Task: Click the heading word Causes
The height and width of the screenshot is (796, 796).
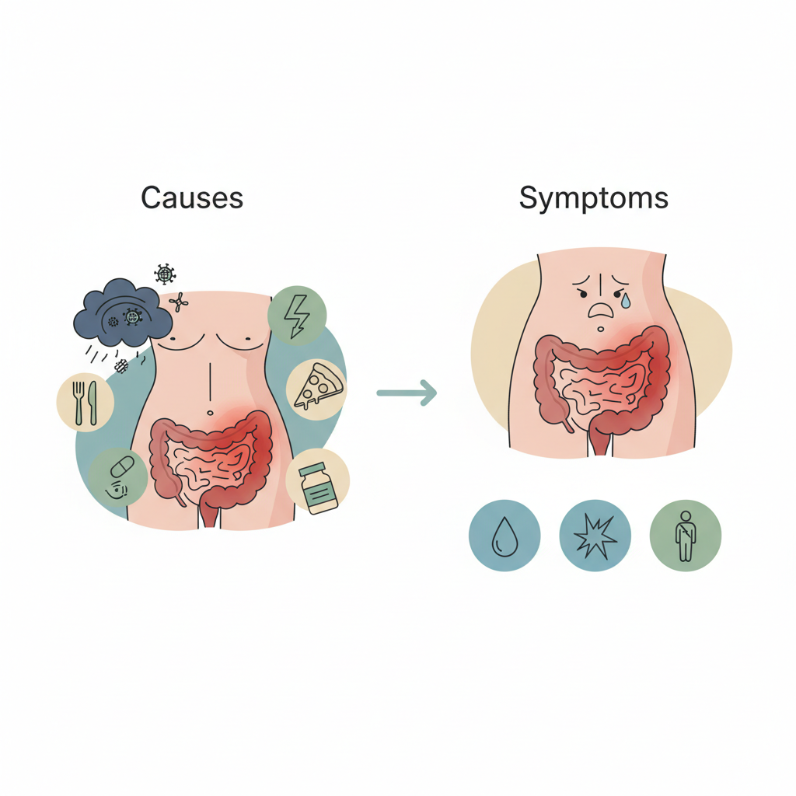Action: coord(192,197)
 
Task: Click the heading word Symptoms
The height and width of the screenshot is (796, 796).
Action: coord(593,198)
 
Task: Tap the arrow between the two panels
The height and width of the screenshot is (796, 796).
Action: coord(407,393)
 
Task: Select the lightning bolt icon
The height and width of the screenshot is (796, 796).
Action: coord(297,316)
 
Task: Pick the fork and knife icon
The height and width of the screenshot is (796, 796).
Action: coord(86,403)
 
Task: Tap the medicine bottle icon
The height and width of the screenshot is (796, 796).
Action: coord(318,488)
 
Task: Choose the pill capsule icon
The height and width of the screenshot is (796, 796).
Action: coord(122,466)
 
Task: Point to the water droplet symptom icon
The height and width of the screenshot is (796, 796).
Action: coord(504,536)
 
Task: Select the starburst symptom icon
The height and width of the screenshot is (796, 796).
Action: coord(595,536)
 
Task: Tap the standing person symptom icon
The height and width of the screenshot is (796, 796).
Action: coord(686,536)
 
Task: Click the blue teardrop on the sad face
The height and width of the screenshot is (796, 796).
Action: coord(626,302)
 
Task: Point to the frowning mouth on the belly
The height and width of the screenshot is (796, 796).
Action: coord(601,309)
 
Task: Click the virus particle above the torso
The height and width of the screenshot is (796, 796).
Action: coord(165,274)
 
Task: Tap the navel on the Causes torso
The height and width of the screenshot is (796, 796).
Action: coord(210,413)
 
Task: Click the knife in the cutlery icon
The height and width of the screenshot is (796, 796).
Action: coord(93,403)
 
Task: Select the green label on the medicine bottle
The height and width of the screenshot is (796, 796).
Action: coord(319,491)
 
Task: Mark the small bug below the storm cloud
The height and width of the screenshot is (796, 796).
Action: coord(120,366)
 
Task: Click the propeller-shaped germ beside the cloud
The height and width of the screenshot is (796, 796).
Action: coord(178,302)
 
